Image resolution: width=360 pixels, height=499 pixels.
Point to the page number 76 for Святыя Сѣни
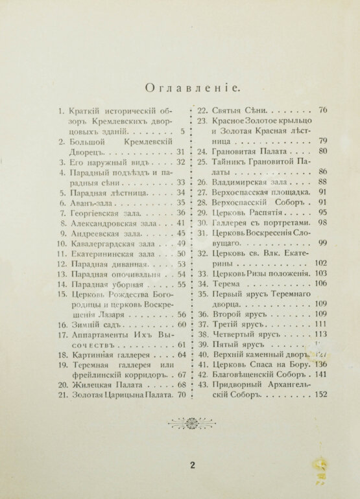pos(323,110)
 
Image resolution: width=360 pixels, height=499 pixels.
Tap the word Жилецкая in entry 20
pos(91,384)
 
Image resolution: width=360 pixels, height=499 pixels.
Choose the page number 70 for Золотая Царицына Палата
pos(182,394)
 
